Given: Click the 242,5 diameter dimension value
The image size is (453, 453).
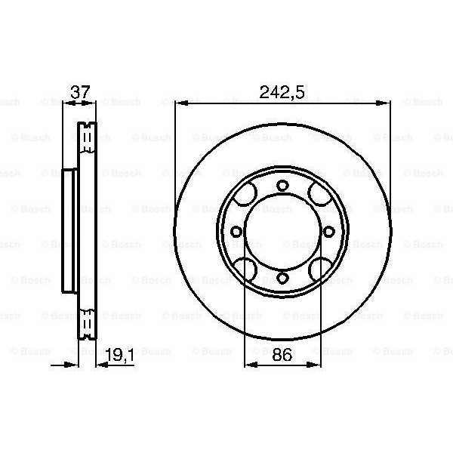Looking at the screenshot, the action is pos(282,92).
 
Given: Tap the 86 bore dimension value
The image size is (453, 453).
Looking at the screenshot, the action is pos(282,355).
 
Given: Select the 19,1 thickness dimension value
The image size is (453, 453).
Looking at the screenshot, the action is pos(119,355).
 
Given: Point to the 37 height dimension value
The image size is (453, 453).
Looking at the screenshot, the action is pos(80,92).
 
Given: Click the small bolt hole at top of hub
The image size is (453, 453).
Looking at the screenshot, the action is pos(282,186).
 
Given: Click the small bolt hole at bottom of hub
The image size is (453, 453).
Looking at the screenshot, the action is pos(282,278).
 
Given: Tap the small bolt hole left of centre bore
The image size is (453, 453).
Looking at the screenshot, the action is pos(236,232).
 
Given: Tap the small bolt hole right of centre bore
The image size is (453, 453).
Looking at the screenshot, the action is pos(328,232).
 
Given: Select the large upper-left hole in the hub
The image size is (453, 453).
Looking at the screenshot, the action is pos(245,194).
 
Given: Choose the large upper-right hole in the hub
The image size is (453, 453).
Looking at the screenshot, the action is pos(320,194).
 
